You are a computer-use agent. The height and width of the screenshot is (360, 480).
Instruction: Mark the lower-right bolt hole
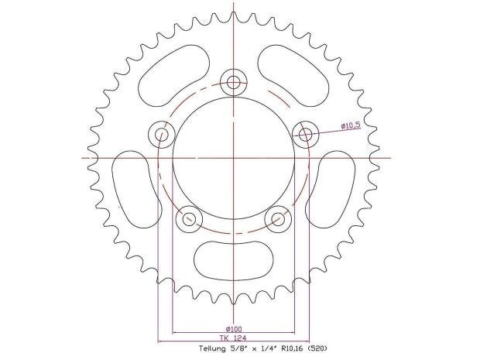[x=278, y=219]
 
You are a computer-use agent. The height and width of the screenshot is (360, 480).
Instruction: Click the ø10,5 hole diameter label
[x=351, y=125]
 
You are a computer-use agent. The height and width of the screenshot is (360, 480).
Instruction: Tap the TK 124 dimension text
[x=233, y=338]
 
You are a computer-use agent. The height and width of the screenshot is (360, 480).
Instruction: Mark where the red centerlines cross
[x=233, y=157]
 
